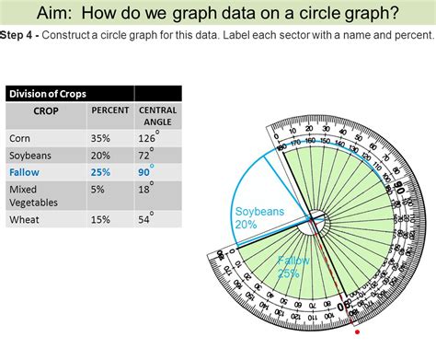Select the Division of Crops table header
click(48, 93)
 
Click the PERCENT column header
click(109, 110)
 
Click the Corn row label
click(20, 138)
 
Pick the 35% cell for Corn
click(101, 138)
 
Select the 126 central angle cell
click(150, 138)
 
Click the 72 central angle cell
click(148, 155)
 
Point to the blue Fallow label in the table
click(25, 171)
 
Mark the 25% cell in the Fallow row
click(101, 171)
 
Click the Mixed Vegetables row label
click(35, 195)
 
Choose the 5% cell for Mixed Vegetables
click(98, 189)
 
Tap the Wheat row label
click(25, 220)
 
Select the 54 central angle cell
click(148, 220)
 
